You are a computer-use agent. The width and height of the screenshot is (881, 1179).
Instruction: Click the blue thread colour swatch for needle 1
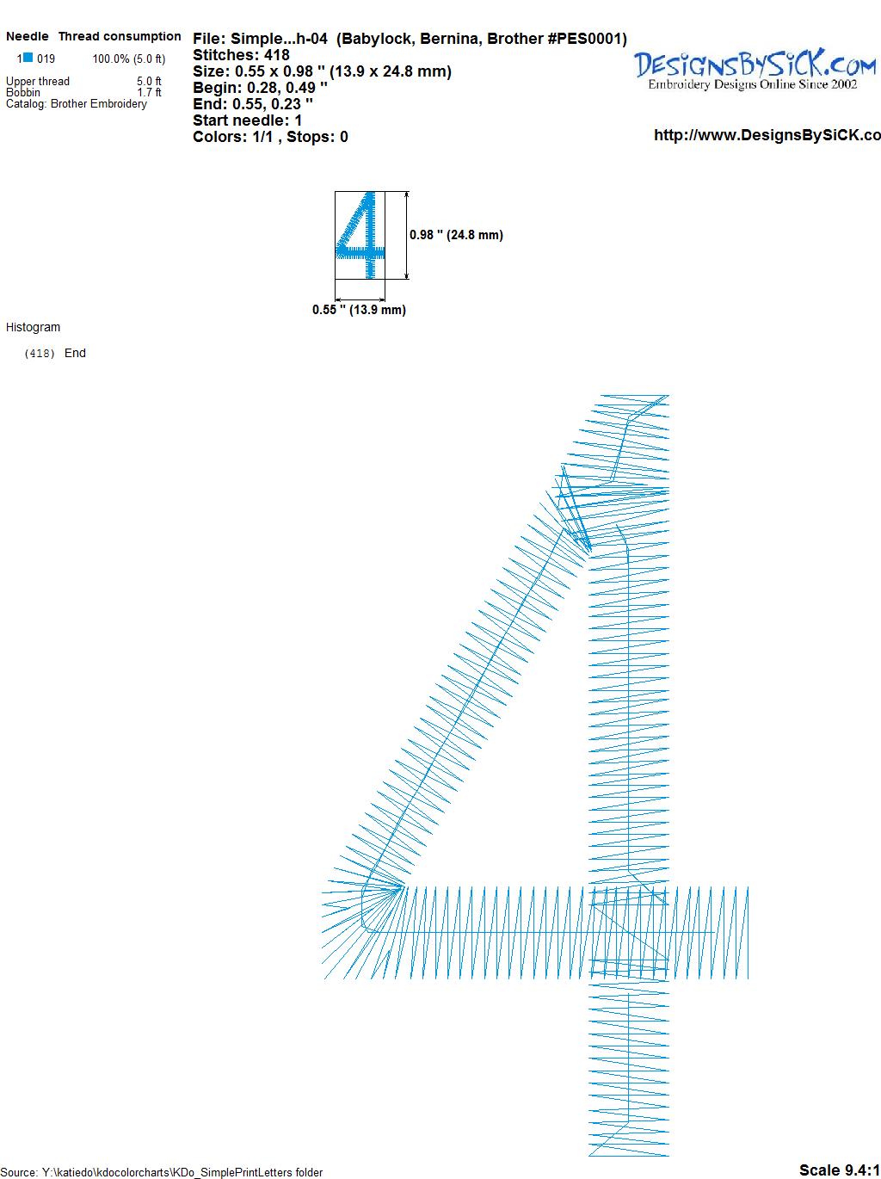28,58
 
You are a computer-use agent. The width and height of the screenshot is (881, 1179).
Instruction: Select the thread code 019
46,59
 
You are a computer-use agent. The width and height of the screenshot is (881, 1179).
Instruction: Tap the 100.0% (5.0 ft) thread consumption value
129,59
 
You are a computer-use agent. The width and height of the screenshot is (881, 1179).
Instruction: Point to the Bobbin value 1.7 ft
149,92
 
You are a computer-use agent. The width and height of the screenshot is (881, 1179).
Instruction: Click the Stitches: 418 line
241,55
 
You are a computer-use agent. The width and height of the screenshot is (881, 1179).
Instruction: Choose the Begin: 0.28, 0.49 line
260,88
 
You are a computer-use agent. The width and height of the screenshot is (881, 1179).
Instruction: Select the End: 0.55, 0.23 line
253,103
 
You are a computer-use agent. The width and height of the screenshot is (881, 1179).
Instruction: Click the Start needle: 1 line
248,120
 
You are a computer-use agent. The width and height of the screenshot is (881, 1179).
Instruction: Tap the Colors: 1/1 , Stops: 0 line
270,137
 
